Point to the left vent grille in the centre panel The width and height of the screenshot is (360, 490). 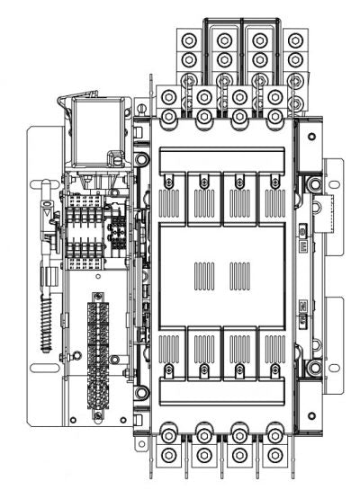point(204,271)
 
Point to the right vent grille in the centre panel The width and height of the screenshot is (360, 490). point(241,271)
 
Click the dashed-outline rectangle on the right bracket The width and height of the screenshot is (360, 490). point(332,212)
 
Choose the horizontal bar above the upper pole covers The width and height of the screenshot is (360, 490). point(222,159)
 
